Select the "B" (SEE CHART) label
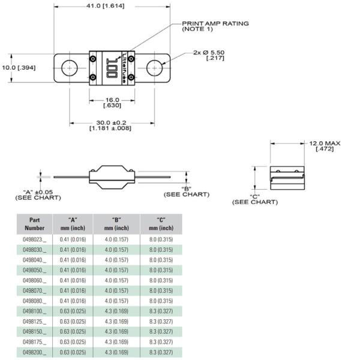(x=187, y=191)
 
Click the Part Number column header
(x=34, y=224)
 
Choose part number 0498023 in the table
(x=34, y=239)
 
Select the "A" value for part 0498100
(x=73, y=311)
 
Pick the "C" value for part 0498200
(x=161, y=352)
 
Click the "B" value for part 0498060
(x=117, y=280)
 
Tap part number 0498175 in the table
(x=34, y=341)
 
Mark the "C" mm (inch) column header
(x=161, y=224)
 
